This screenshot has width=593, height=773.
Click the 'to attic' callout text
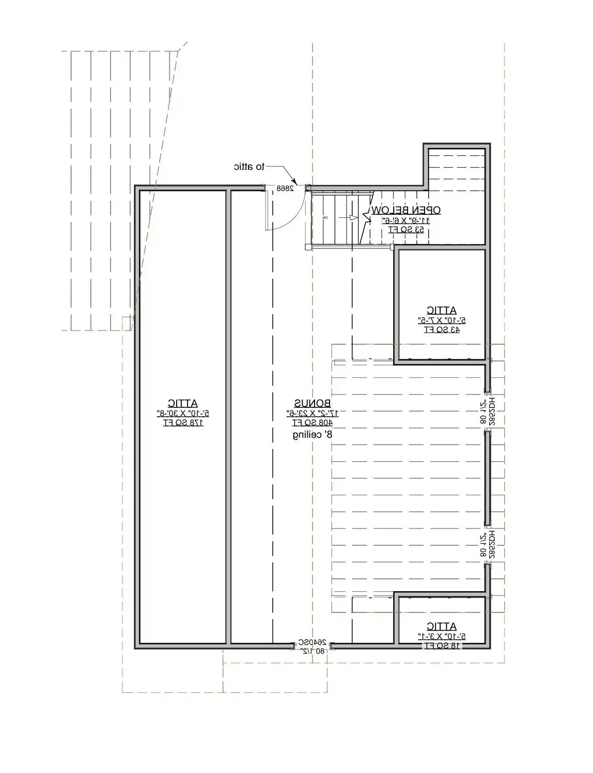point(249,167)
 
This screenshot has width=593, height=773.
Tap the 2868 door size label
point(285,188)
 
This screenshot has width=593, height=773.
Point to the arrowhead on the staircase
point(354,217)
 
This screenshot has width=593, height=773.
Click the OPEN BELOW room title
point(406,210)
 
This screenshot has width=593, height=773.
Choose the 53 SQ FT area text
point(406,229)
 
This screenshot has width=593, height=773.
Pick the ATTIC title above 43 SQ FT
point(442,310)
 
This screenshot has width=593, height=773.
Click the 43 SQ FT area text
point(442,329)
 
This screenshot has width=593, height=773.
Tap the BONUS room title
point(313,403)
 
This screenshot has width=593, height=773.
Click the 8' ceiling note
point(313,435)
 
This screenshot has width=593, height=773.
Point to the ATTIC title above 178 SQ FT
point(183,403)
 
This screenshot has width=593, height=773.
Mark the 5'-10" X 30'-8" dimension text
point(183,413)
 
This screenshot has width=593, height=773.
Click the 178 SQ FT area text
point(183,423)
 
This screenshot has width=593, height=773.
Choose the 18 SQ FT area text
point(442,645)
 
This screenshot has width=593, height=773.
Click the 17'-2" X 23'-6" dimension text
point(313,413)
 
